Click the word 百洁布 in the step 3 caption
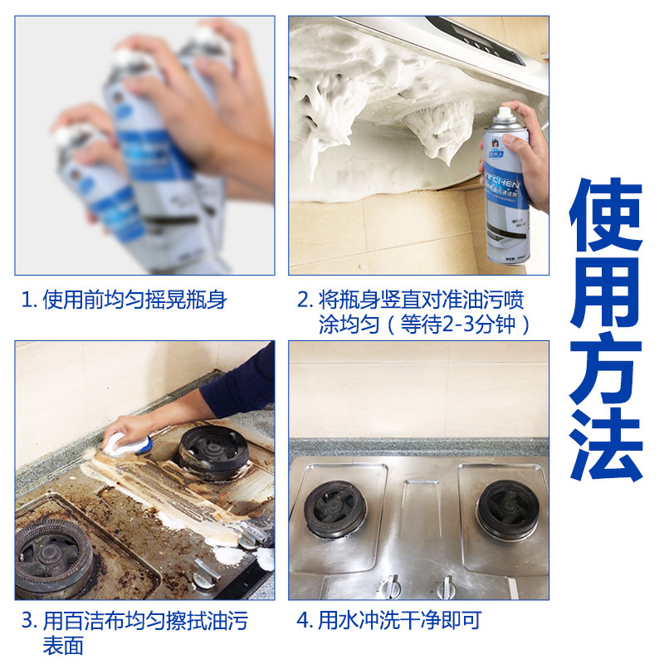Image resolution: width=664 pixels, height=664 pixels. pos(91,621)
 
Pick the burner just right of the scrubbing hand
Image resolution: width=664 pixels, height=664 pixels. pos(212,452)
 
